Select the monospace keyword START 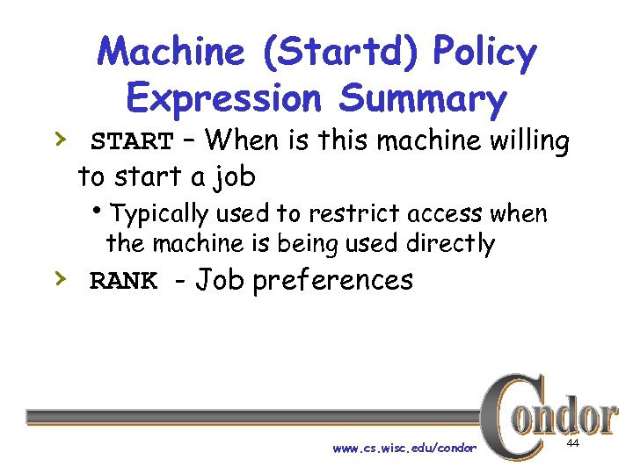[x=133, y=141]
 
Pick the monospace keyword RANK [x=124, y=282]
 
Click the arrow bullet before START [x=58, y=138]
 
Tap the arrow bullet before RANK [x=58, y=278]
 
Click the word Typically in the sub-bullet [x=162, y=214]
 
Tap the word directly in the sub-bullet [x=451, y=243]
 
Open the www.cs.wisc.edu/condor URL [x=404, y=449]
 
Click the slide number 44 [x=572, y=446]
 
